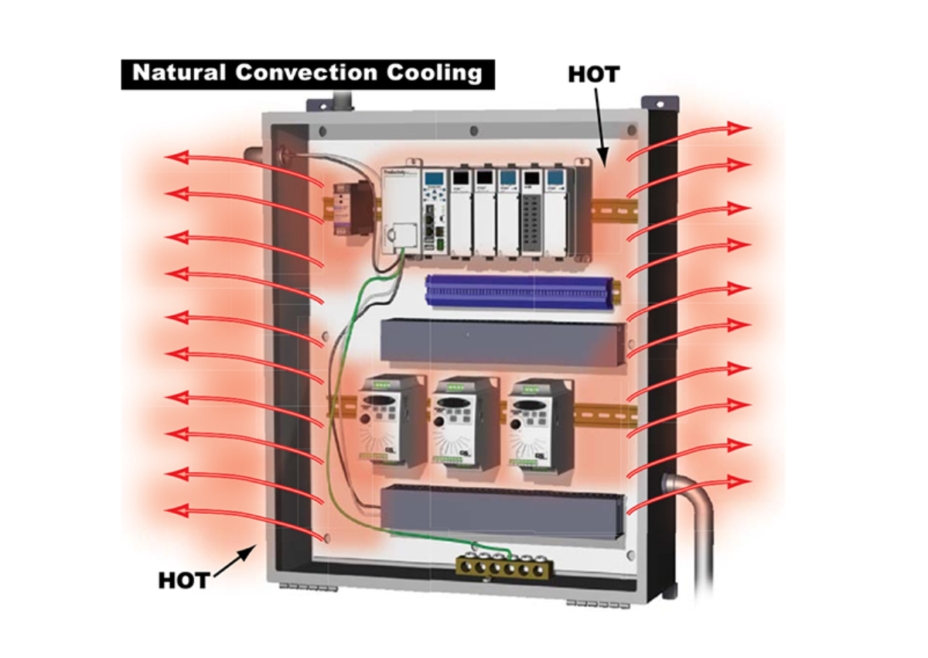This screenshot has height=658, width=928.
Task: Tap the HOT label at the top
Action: (593, 74)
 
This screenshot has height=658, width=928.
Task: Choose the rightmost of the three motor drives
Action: (541, 422)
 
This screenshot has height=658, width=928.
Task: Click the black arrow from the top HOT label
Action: (601, 124)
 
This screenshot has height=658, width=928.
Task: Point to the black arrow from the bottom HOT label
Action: (233, 560)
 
